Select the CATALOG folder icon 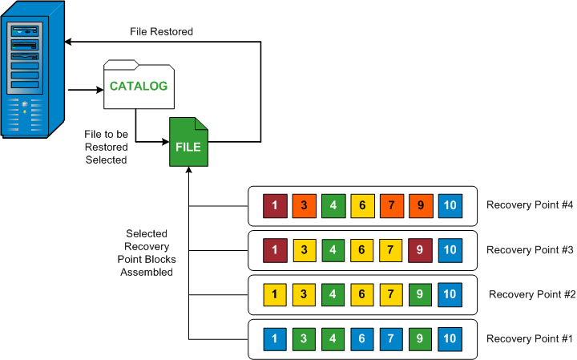point(138,85)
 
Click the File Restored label point(161,32)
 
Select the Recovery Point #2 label point(531,294)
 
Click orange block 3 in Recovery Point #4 point(305,206)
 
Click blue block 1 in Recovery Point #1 point(275,339)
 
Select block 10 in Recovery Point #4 point(450,206)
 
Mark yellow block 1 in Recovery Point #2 point(275,294)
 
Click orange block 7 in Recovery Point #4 point(392,206)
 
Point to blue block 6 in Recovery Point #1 point(362,339)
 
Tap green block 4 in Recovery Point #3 point(333,250)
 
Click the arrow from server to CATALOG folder point(85,89)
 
